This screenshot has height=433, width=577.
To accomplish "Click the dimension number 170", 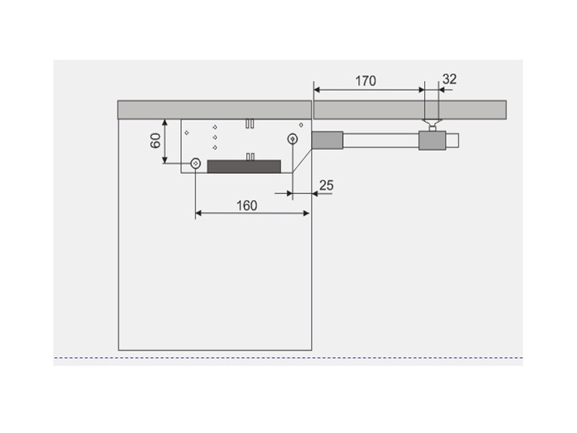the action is (366, 81).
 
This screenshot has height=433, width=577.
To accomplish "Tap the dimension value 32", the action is (449, 79).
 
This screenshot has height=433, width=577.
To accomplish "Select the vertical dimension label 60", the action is (155, 141).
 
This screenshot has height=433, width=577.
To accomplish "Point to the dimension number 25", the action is (327, 185).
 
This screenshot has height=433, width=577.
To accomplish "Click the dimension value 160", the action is (247, 206).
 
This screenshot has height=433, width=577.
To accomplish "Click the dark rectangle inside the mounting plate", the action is (244, 167).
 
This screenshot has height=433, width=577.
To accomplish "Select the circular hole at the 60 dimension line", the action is (195, 163).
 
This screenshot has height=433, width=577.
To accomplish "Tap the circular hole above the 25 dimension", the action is (293, 139).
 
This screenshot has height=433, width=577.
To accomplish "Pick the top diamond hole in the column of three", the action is (215, 128).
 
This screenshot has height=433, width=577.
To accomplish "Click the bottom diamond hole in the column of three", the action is (215, 148).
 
